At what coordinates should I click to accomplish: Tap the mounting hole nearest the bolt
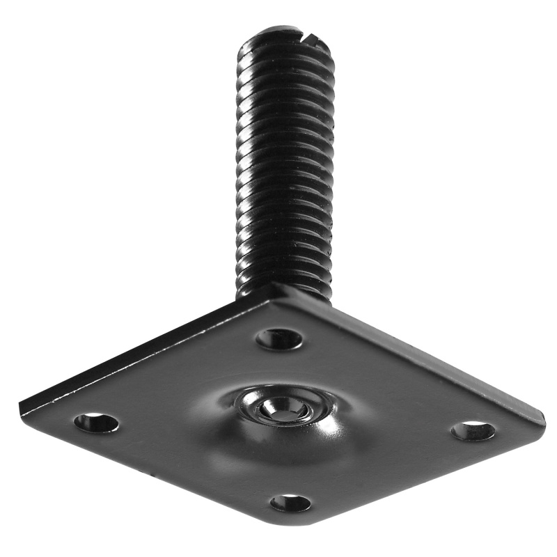279,339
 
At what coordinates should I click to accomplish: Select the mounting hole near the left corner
96,422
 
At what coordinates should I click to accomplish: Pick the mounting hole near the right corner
473,430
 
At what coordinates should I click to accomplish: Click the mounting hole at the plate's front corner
290,502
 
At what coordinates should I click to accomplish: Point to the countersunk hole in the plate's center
283,407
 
